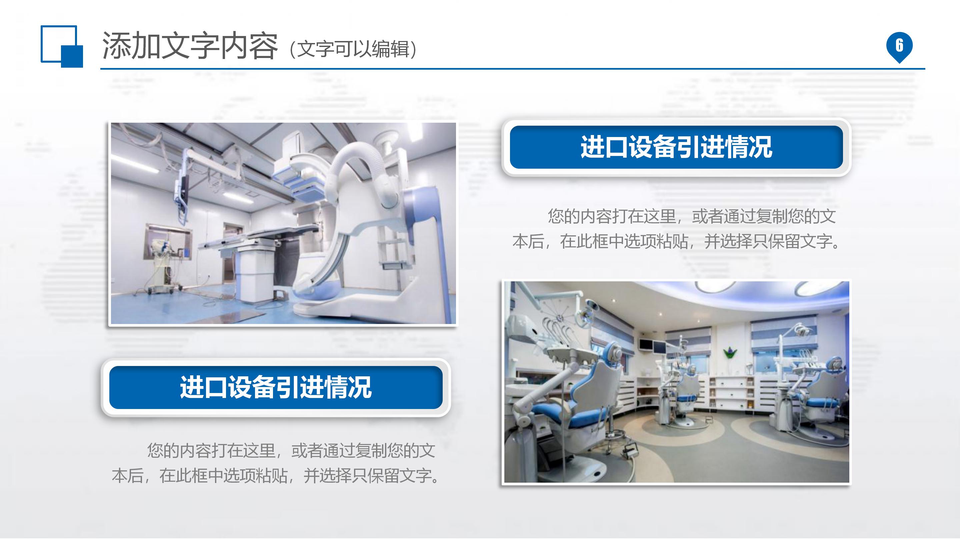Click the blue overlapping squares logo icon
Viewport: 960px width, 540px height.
(61, 46)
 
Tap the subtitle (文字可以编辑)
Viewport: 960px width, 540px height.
(353, 49)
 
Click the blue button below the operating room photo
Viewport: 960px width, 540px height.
(276, 387)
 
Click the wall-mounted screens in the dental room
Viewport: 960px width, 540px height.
(652, 346)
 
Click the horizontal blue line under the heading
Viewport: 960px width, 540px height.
(512, 69)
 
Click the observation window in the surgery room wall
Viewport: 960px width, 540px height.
(168, 240)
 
